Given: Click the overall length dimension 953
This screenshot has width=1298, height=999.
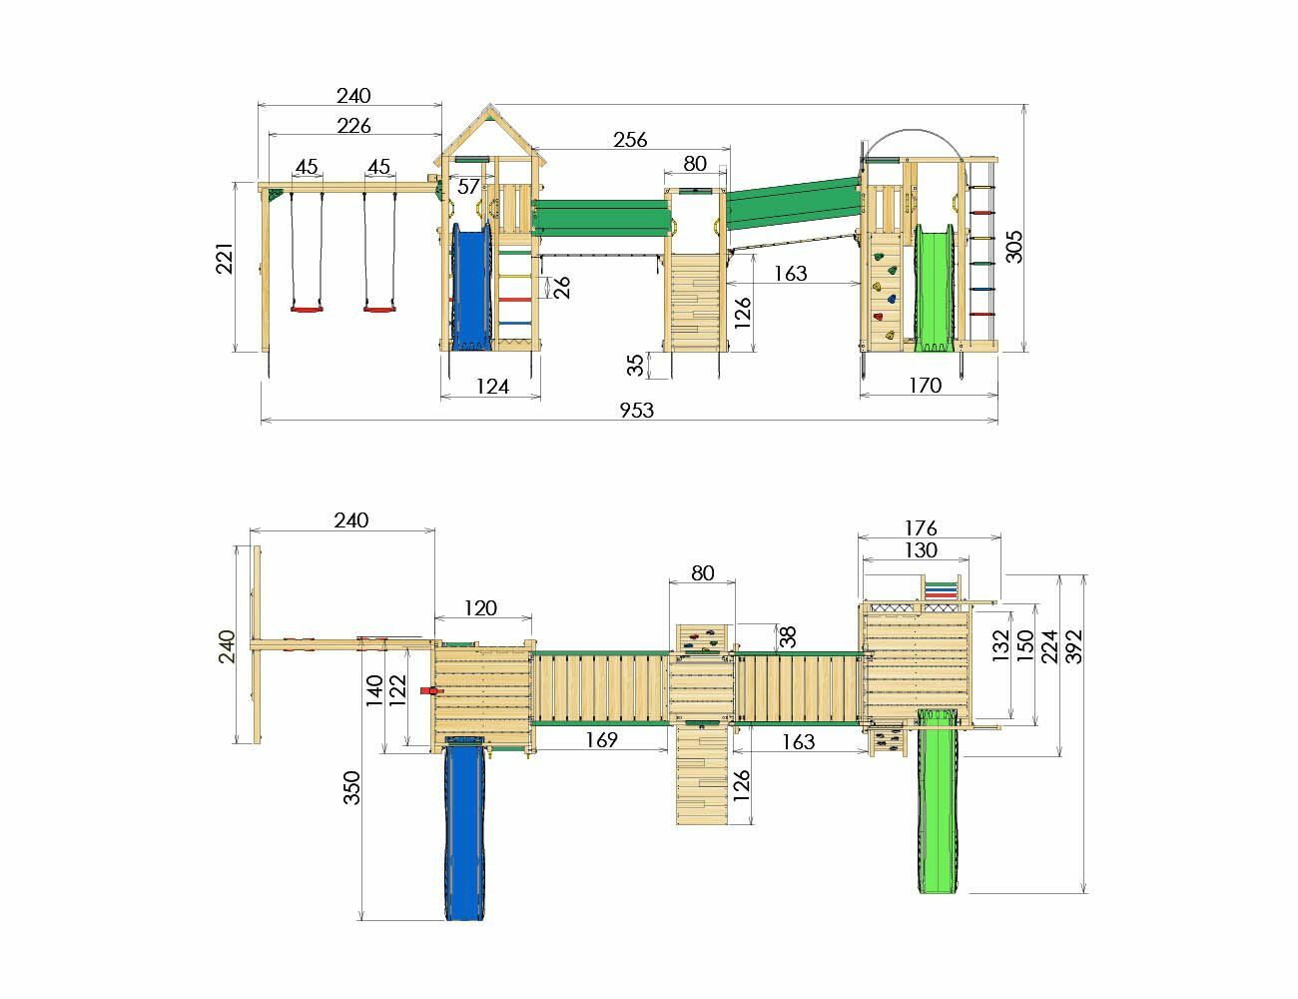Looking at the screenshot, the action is coord(636,410).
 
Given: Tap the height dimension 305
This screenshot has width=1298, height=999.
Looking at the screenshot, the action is coord(1013,246).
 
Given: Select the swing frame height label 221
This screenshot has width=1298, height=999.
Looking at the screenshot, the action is coord(225,258).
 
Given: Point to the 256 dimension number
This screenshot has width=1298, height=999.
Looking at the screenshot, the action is coord(630,139).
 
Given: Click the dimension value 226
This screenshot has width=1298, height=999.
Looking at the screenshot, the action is coord(353,126).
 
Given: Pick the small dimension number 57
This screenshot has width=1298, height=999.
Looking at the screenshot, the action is coord(468,187).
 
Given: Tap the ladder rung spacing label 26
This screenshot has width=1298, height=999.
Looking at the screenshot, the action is coord(561,288).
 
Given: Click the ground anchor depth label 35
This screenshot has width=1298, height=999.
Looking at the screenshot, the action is coord(636,365).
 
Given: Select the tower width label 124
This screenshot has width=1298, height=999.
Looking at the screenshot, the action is coord(492,387).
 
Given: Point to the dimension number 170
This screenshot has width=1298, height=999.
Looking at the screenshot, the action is coord(925,386).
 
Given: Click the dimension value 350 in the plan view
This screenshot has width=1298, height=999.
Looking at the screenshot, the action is coord(351,788).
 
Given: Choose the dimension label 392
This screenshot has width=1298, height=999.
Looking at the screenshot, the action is coord(1074,646).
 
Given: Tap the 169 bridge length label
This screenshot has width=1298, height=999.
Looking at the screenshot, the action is coord(601,739).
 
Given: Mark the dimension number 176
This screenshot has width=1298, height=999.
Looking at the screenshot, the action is coord(921,528).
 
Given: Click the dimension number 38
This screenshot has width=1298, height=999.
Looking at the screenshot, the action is coord(788,637).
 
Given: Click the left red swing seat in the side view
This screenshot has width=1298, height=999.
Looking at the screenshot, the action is coord(308,309).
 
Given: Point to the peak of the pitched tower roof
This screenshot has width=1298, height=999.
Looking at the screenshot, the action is coord(490,105).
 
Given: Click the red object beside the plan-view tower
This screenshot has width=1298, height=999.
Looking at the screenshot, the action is coord(430,690).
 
